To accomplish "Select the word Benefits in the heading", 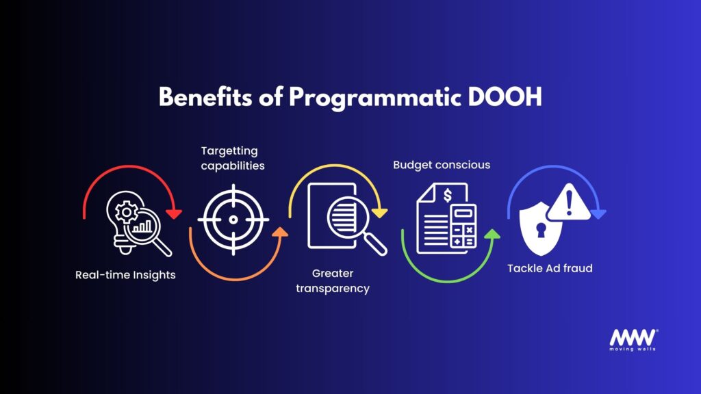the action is (x=205, y=96).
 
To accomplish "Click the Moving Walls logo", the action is (x=633, y=340).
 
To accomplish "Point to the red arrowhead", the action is (x=173, y=213).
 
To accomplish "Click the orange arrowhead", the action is (x=280, y=231).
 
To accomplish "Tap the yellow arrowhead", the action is (x=379, y=213).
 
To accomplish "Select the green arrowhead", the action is (x=492, y=234).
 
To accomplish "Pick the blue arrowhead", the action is (x=598, y=213).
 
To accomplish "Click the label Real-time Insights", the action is (x=125, y=275).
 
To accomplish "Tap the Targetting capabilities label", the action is (x=233, y=158).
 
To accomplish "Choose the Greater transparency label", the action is (x=333, y=280).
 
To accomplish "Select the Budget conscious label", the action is (x=442, y=165).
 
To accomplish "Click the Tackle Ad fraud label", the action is (x=550, y=268).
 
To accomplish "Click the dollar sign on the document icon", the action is (x=448, y=195).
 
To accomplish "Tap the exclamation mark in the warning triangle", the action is (x=569, y=202).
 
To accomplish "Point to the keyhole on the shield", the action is (x=541, y=230).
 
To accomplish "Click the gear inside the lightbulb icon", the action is (x=126, y=212).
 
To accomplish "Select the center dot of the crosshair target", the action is (x=233, y=220).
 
